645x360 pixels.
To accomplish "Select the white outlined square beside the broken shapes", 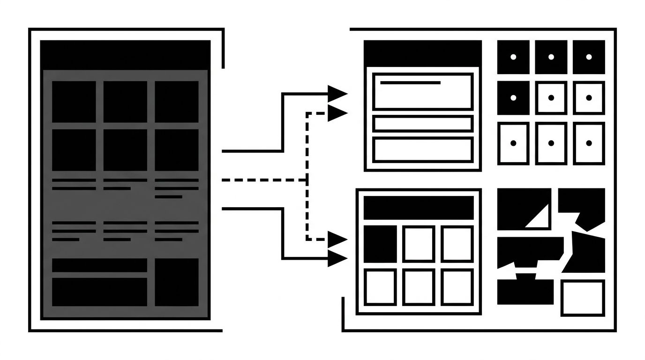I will pyautogui.click(x=582, y=298).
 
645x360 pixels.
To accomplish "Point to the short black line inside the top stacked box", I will pyautogui.click(x=410, y=83).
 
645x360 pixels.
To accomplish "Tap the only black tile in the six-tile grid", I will pyautogui.click(x=380, y=243).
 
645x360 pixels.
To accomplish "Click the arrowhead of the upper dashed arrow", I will pyautogui.click(x=337, y=113).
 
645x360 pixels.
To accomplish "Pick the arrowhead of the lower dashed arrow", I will pyautogui.click(x=337, y=240).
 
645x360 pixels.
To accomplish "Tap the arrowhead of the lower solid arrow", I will pyautogui.click(x=337, y=258).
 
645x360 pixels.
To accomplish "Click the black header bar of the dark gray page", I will pyautogui.click(x=125, y=55).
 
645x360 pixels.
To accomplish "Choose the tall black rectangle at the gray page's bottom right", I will pyautogui.click(x=177, y=282).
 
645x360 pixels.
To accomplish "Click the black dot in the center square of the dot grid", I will pyautogui.click(x=551, y=97).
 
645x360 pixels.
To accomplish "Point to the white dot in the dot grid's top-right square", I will pyautogui.click(x=589, y=57).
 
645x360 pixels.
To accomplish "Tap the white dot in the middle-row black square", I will pyautogui.click(x=513, y=97).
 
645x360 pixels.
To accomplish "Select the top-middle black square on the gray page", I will pyautogui.click(x=125, y=102).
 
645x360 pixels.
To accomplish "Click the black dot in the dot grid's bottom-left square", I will pyautogui.click(x=513, y=143).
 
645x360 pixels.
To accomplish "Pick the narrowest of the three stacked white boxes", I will pyautogui.click(x=422, y=124).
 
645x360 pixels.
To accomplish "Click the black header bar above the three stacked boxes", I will pyautogui.click(x=422, y=52).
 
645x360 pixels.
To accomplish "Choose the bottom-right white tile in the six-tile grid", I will pyautogui.click(x=457, y=286).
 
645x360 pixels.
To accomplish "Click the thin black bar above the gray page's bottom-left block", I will pyautogui.click(x=99, y=265).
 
